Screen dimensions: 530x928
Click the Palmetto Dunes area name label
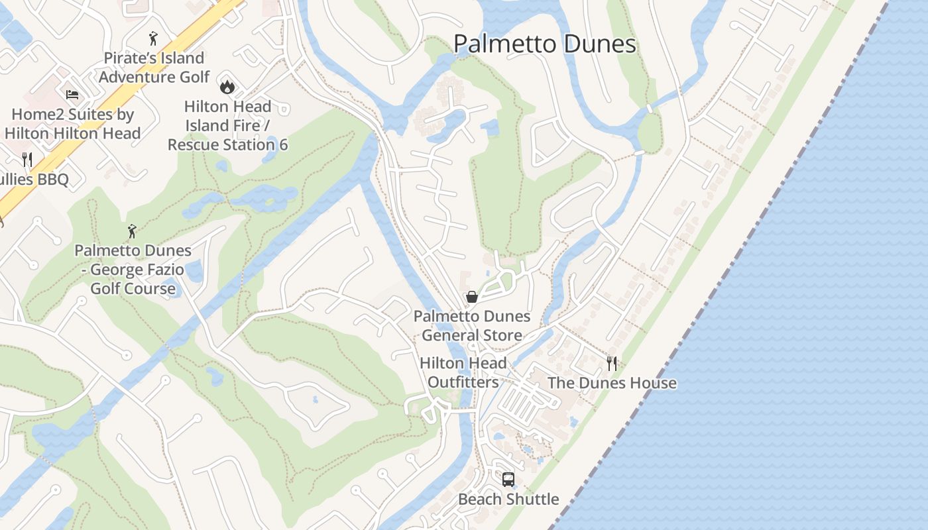tap(544, 44)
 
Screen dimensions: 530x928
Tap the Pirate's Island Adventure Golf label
tap(154, 68)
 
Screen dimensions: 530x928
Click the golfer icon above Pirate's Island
tap(154, 38)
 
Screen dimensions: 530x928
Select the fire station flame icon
tap(227, 86)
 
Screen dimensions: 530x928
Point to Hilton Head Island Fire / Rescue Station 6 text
tap(227, 125)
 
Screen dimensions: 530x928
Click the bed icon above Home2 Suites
tap(72, 95)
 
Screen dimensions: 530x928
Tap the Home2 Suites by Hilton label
tap(72, 124)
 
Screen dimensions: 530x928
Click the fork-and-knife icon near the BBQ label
tap(27, 159)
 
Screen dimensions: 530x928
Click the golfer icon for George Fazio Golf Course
tap(132, 231)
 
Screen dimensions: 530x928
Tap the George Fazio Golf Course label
tap(133, 270)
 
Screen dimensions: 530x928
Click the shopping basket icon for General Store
tap(472, 297)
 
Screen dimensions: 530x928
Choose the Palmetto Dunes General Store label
tap(472, 325)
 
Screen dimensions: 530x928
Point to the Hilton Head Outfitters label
tap(463, 372)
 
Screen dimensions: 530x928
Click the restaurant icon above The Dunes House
tap(612, 363)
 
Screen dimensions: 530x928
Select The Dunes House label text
tap(612, 383)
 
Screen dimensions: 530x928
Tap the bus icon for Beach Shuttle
tap(508, 479)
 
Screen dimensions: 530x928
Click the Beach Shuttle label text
tap(508, 499)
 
